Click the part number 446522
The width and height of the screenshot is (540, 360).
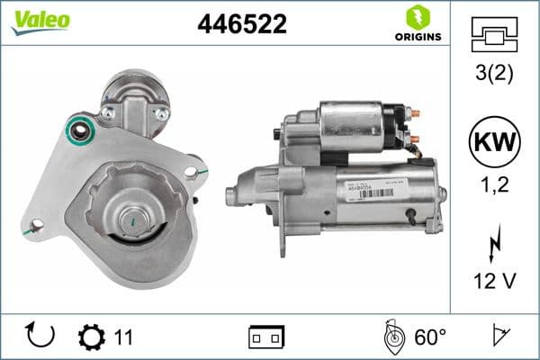pos(241,24)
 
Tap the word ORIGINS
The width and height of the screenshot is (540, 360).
pos(417,37)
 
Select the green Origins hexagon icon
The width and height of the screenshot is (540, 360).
pos(417,16)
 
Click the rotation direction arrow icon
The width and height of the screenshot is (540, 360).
pos(41,336)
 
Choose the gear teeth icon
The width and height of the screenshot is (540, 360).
pos(92,337)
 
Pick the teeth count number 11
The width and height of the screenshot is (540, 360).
pos(123,337)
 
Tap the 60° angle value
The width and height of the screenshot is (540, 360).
pos(430,337)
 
